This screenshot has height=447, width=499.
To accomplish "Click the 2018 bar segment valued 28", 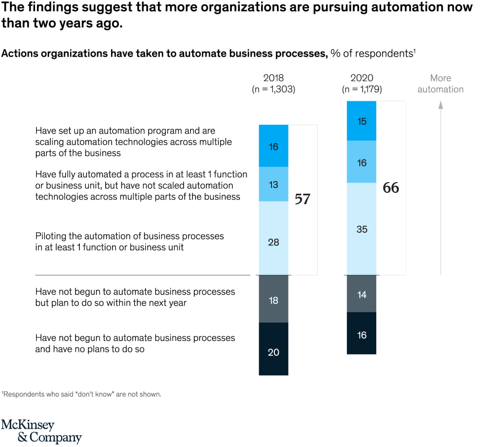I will click(273, 238).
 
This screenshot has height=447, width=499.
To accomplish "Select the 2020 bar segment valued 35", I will click(362, 229).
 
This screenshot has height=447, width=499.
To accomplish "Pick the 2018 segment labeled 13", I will click(273, 184).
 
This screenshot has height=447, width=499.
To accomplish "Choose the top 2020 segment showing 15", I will click(362, 121).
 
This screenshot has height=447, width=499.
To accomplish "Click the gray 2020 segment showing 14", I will click(362, 294).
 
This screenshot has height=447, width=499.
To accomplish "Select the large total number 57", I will click(303, 199).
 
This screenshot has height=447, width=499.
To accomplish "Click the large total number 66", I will click(391, 188).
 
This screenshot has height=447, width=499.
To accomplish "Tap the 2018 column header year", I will click(273, 78).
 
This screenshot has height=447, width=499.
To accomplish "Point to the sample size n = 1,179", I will click(362, 89).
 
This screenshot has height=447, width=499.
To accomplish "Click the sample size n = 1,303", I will click(273, 89).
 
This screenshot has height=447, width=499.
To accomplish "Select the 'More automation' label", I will click(441, 83).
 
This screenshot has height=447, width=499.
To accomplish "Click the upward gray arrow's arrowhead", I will click(441, 104).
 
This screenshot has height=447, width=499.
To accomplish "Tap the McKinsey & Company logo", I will click(41, 430).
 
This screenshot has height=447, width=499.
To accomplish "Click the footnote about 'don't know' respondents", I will click(81, 394).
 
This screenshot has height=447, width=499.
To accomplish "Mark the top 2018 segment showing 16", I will click(273, 146).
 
